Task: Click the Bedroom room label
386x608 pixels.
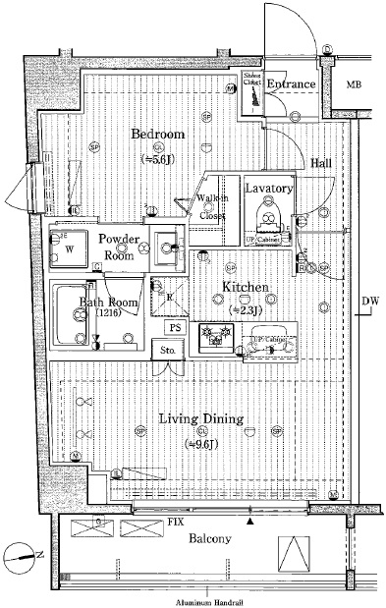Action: click(158, 134)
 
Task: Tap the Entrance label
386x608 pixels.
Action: click(292, 84)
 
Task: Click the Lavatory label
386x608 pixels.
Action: click(269, 188)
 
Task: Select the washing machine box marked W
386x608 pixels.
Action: click(69, 249)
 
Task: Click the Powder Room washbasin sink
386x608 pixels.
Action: click(163, 249)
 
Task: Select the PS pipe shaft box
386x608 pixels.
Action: click(176, 328)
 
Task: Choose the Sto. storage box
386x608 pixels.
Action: click(168, 351)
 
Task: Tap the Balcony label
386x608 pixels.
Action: click(209, 539)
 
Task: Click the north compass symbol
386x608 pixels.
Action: click(22, 557)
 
